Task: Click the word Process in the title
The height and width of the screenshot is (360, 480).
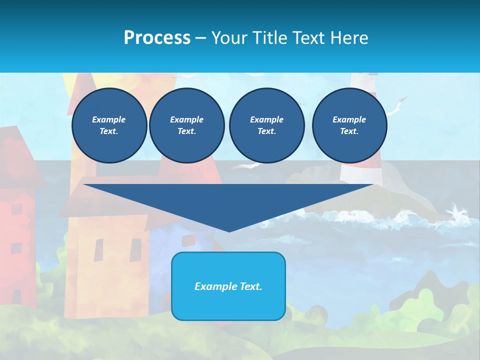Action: click(x=157, y=38)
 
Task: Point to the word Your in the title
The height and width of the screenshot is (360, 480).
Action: click(x=229, y=38)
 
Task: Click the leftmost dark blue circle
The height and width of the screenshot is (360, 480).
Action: click(x=109, y=125)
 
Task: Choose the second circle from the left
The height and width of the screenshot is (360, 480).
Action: click(x=186, y=125)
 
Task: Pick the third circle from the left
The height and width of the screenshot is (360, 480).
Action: click(x=266, y=125)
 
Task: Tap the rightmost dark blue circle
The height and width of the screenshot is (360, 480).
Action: click(x=349, y=125)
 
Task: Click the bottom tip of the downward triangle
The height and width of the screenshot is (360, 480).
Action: click(x=229, y=230)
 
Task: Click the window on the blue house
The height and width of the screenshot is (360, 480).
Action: click(x=188, y=240)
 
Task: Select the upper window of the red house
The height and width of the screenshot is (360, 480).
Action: click(x=17, y=209)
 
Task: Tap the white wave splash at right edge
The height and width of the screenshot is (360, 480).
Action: click(x=457, y=212)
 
